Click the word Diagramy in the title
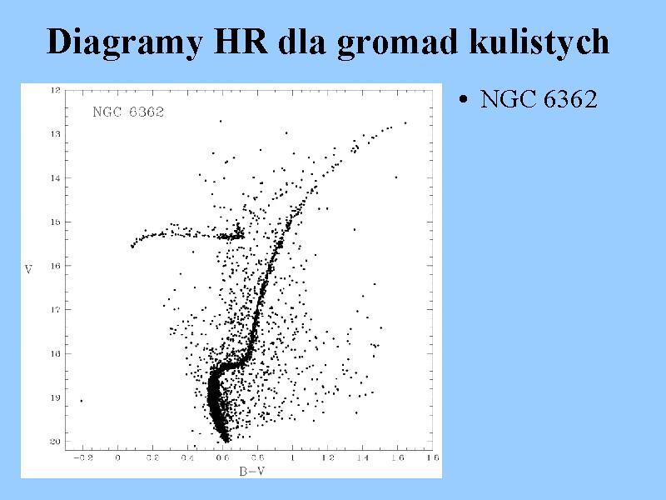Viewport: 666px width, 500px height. tap(124, 42)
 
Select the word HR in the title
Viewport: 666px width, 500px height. tap(241, 41)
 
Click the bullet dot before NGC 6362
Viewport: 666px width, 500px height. tap(464, 100)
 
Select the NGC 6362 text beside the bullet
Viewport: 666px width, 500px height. tap(539, 99)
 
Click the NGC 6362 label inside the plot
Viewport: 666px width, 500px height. tap(128, 112)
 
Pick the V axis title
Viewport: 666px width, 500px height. tap(28, 269)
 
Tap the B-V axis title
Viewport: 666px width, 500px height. tap(252, 471)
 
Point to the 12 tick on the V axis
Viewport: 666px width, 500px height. tap(56, 90)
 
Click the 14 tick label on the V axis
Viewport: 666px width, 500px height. tap(56, 178)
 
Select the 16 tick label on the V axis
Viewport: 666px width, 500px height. tap(56, 266)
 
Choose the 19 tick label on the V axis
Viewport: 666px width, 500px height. tap(56, 398)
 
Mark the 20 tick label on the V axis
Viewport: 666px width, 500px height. tap(56, 442)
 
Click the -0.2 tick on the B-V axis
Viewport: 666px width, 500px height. tap(82, 457)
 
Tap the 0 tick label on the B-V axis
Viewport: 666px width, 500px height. tap(117, 457)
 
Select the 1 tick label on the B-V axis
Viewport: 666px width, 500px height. tap(293, 457)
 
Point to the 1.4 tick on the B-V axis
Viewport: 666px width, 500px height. tap(362, 457)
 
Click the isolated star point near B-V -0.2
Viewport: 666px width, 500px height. tap(82, 401)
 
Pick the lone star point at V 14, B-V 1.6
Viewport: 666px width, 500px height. tap(396, 177)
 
